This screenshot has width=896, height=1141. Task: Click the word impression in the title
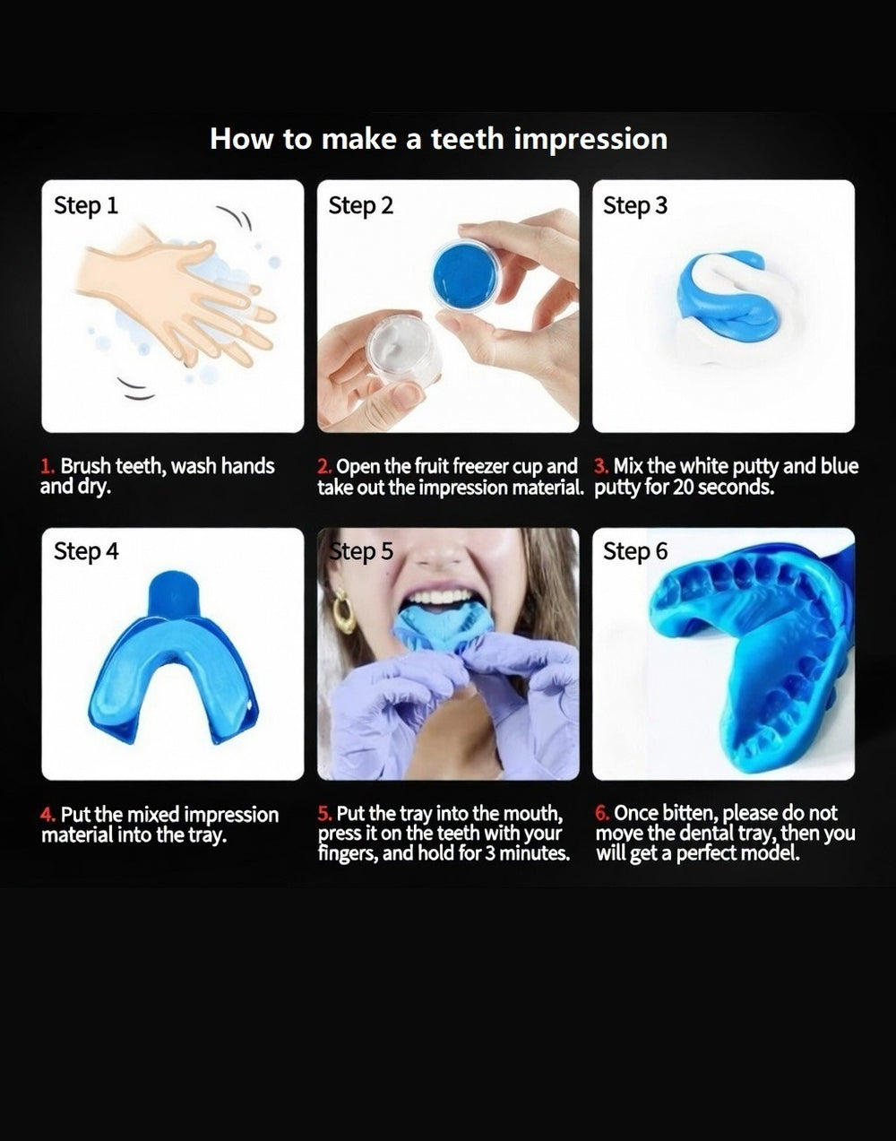[590, 140]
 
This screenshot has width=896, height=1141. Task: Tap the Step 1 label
[86, 205]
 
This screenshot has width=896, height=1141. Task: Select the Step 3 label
[635, 205]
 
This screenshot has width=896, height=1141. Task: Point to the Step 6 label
[635, 551]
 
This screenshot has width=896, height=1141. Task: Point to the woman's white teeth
[441, 599]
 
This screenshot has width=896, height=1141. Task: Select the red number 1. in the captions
[47, 466]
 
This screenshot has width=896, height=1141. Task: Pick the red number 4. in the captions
[47, 815]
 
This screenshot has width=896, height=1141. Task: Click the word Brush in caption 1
[85, 466]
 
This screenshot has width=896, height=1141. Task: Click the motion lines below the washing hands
[135, 389]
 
